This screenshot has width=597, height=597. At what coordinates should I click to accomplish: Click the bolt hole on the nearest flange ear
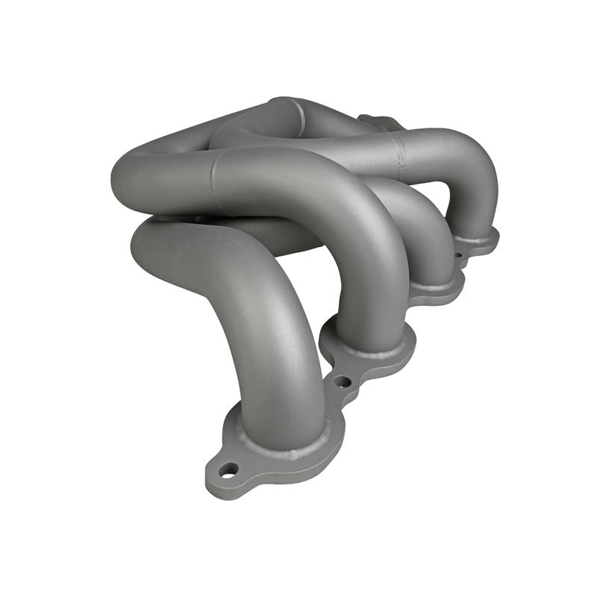coord(228,469)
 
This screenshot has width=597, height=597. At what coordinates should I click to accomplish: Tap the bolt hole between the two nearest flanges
coord(342,381)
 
